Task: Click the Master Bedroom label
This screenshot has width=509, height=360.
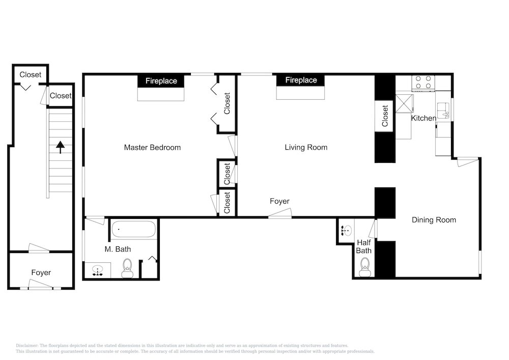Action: [x=152, y=147]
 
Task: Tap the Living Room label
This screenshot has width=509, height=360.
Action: [x=306, y=147]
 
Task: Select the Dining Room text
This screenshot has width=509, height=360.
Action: [x=434, y=220]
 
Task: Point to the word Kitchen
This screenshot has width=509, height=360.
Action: [x=423, y=118]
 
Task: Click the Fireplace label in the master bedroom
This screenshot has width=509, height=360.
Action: [x=161, y=81]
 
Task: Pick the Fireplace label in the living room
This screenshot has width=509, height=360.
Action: [x=301, y=80]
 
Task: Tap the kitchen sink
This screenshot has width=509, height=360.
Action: [x=443, y=110]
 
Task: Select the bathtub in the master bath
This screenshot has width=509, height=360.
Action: [x=133, y=229]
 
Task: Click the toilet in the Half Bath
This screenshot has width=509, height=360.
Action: [x=365, y=267]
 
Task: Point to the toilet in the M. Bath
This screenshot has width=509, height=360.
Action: [x=127, y=268]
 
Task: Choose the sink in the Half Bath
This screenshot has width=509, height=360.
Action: [x=346, y=231]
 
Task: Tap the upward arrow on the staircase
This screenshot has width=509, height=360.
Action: [x=60, y=147]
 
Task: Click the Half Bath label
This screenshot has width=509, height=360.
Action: [x=363, y=247]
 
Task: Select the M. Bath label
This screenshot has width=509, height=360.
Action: [x=118, y=250]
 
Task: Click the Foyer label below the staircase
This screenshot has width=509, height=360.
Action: [x=41, y=273]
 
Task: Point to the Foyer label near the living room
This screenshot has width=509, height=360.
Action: [x=279, y=201]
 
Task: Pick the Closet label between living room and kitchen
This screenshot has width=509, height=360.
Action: [x=385, y=116]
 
